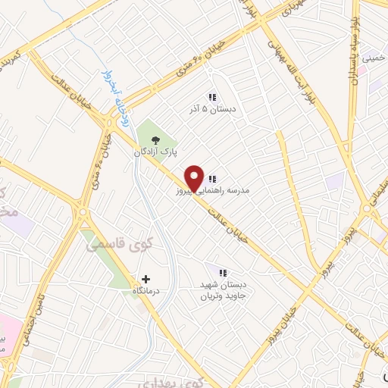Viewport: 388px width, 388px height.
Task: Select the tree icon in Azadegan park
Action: (x=156, y=139)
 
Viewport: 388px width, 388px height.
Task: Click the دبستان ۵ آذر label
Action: (x=213, y=109)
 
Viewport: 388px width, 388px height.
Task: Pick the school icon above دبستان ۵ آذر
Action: (x=213, y=97)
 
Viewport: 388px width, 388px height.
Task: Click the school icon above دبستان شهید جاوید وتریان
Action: (x=223, y=272)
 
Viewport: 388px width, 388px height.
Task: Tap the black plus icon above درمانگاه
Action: (x=146, y=279)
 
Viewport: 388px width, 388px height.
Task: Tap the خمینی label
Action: (x=374, y=57)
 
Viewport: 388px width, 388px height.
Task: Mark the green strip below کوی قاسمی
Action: (x=115, y=269)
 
